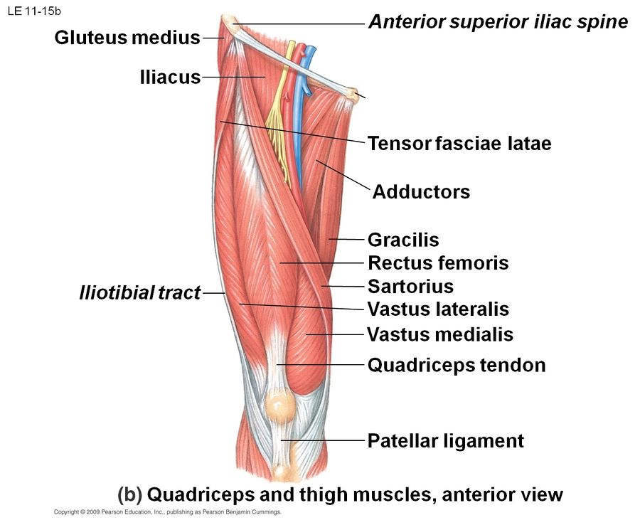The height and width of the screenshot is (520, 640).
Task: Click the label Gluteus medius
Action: pos(127,38)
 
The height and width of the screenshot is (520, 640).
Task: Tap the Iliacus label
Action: pos(171,77)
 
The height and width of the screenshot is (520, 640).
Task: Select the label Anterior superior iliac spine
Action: pos(498,22)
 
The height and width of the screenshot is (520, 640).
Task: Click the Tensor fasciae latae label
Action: pos(459,143)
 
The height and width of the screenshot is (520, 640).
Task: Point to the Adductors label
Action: pos(421,191)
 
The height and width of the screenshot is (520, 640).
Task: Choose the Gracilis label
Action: pos(403,240)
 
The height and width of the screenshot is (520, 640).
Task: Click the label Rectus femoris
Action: pos(438,263)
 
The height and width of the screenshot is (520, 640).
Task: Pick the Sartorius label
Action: pos(410,287)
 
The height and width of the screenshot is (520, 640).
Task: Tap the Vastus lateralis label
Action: pos(438,309)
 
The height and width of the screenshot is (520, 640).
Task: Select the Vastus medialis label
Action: pos(440,334)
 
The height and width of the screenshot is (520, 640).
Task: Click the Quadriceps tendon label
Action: pos(457,366)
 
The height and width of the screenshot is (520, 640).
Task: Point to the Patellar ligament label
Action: pos(445,441)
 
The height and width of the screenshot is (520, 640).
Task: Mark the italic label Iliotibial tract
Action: pos(140,292)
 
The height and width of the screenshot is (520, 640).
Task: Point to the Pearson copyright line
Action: pos(168,511)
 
